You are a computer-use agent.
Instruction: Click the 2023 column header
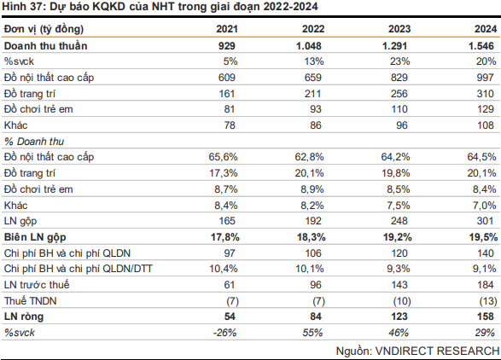pyautogui.click(x=399, y=29)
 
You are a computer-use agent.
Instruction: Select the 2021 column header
pyautogui.click(x=227, y=29)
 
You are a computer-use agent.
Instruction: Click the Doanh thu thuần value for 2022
pyautogui.click(x=309, y=46)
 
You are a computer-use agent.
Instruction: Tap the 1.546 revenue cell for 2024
pyautogui.click(x=481, y=46)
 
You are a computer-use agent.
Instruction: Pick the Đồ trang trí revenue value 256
pyautogui.click(x=399, y=94)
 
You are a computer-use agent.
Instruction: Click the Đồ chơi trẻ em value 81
pyautogui.click(x=230, y=109)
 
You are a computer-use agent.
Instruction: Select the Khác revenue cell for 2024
pyautogui.click(x=486, y=125)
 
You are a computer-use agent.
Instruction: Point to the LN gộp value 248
pyautogui.click(x=399, y=221)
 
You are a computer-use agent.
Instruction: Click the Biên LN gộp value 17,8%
pyautogui.click(x=225, y=237)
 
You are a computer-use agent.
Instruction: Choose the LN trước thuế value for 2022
pyautogui.click(x=316, y=285)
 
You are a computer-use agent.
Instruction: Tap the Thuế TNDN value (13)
pyautogui.click(x=488, y=301)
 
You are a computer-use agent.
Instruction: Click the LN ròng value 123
pyautogui.click(x=399, y=316)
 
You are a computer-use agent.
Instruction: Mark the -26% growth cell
pyautogui.click(x=225, y=333)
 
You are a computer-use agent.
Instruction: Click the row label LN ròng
pyautogui.click(x=24, y=316)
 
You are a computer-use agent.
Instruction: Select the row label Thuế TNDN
pyautogui.click(x=31, y=301)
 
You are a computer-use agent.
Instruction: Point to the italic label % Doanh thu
pyautogui.click(x=34, y=142)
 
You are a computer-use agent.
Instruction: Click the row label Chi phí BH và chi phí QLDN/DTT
pyautogui.click(x=79, y=269)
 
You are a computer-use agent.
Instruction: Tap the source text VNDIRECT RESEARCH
pyautogui.click(x=438, y=351)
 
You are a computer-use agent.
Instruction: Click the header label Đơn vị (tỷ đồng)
pyautogui.click(x=44, y=29)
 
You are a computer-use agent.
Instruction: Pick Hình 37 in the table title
pyautogui.click(x=21, y=6)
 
